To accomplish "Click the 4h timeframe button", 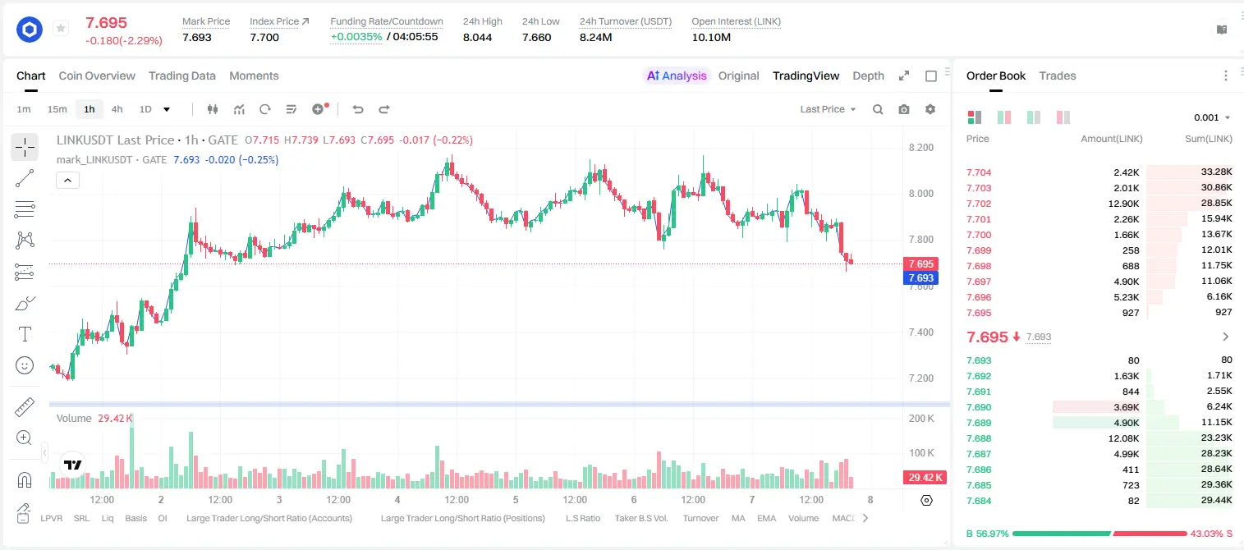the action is click(117, 109).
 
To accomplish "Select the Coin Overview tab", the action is click(97, 76).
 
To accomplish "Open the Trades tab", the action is click(1058, 76).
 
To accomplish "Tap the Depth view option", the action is click(868, 76).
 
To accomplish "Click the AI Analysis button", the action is click(677, 76).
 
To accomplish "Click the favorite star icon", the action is click(61, 28).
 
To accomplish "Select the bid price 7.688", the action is click(979, 438).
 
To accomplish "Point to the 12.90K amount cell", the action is click(1123, 204).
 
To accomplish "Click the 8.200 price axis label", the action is click(920, 148).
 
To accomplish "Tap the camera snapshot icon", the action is click(904, 109).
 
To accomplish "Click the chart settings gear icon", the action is click(930, 109).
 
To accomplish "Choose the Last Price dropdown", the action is click(828, 109).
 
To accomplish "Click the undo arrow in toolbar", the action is click(358, 109).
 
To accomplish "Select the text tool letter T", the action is click(25, 334).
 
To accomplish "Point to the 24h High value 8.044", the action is click(478, 37).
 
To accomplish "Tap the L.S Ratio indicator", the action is click(582, 518).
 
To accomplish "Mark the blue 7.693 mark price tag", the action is click(920, 278).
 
